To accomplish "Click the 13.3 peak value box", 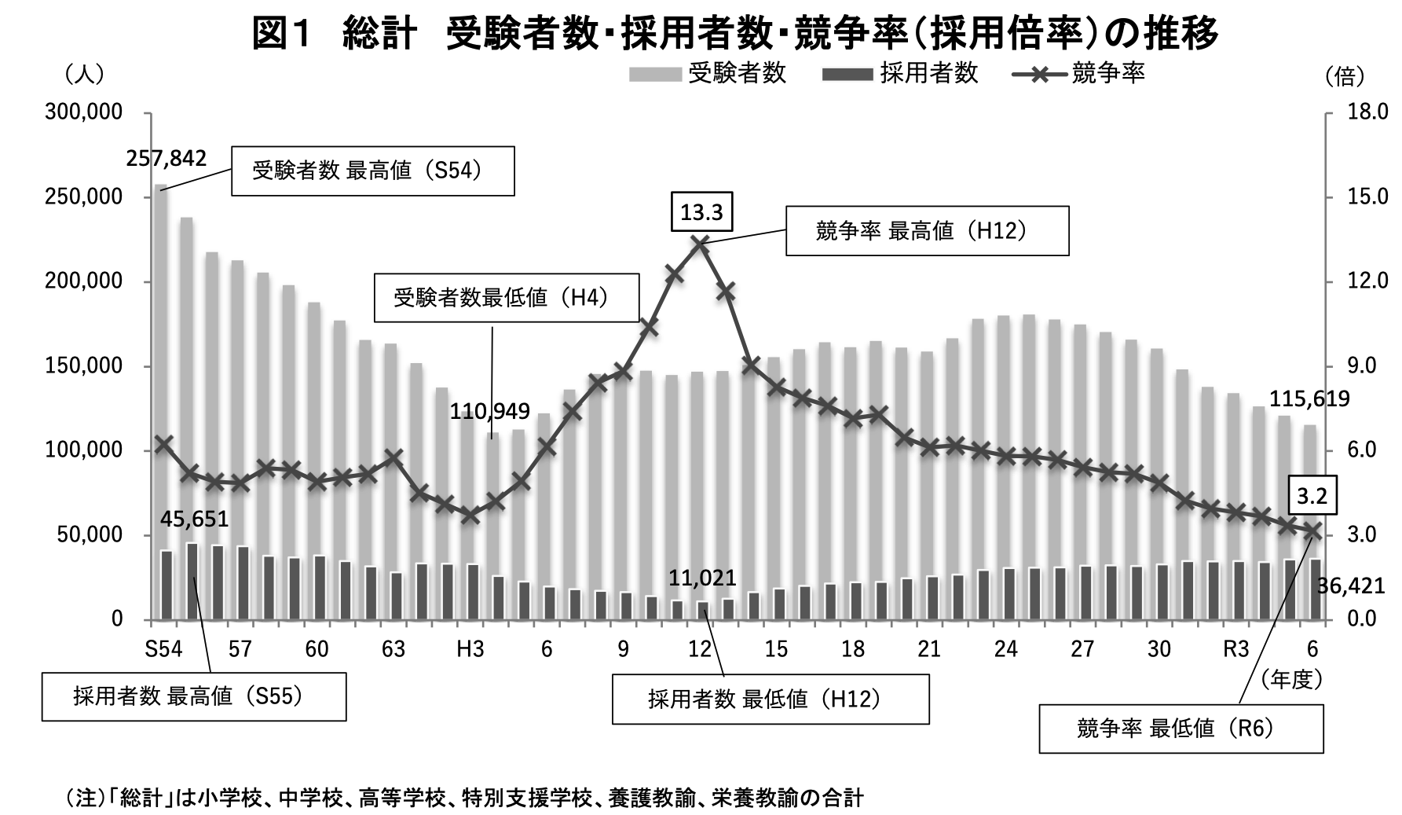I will pyautogui.click(x=701, y=213).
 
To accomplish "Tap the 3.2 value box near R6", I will pyautogui.click(x=1312, y=496).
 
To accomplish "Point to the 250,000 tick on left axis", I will pyautogui.click(x=84, y=196).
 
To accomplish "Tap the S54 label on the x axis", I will pyautogui.click(x=163, y=649).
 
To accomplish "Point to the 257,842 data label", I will pyautogui.click(x=167, y=159).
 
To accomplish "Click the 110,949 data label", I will pyautogui.click(x=489, y=411).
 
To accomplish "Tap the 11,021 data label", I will pyautogui.click(x=702, y=579).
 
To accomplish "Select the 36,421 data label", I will pyautogui.click(x=1351, y=586).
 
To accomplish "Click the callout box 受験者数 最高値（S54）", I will pyautogui.click(x=372, y=171).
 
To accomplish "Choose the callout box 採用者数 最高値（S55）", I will pyautogui.click(x=193, y=696).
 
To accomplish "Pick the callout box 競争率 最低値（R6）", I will pyautogui.click(x=1181, y=729).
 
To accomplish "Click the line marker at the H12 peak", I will pyautogui.click(x=701, y=244).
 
